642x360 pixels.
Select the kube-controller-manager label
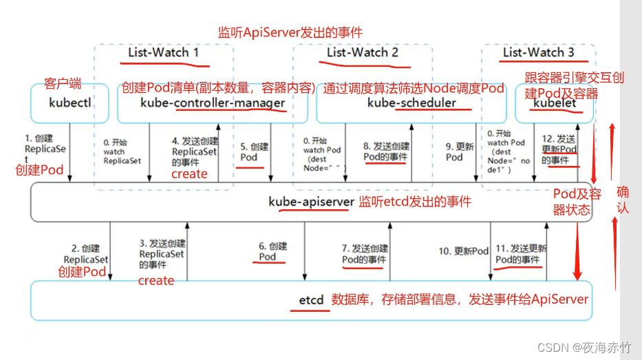click(x=212, y=103)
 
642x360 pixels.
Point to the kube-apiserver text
click(x=312, y=202)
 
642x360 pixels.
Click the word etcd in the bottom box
click(x=310, y=300)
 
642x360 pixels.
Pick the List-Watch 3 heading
click(x=538, y=52)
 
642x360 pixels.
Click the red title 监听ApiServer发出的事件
click(x=290, y=32)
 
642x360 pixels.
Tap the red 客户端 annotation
click(x=63, y=83)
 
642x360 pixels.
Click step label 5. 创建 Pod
click(x=255, y=152)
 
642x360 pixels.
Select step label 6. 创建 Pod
click(x=272, y=251)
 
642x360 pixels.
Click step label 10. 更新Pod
click(x=463, y=251)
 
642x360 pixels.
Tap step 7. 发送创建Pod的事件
click(x=365, y=254)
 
